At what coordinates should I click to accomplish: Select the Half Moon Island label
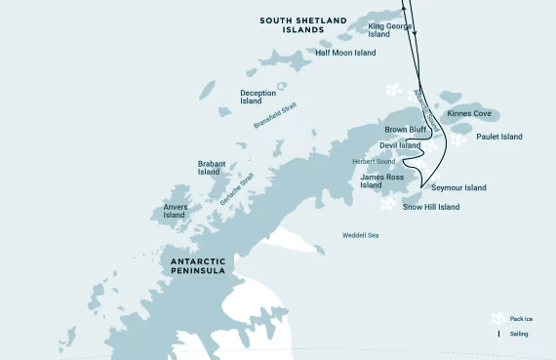pyautogui.click(x=344, y=53)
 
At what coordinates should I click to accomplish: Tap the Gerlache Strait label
pyautogui.click(x=236, y=187)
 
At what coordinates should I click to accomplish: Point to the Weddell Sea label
pyautogui.click(x=360, y=235)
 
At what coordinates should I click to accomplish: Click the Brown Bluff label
pyautogui.click(x=404, y=129)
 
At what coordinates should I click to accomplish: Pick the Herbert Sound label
pyautogui.click(x=374, y=161)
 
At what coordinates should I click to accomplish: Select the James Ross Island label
pyautogui.click(x=382, y=181)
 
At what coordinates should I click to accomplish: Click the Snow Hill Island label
pyautogui.click(x=430, y=207)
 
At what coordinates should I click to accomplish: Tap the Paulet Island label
pyautogui.click(x=499, y=137)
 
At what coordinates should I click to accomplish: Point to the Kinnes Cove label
pyautogui.click(x=469, y=113)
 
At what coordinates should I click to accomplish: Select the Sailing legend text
pyautogui.click(x=519, y=334)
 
